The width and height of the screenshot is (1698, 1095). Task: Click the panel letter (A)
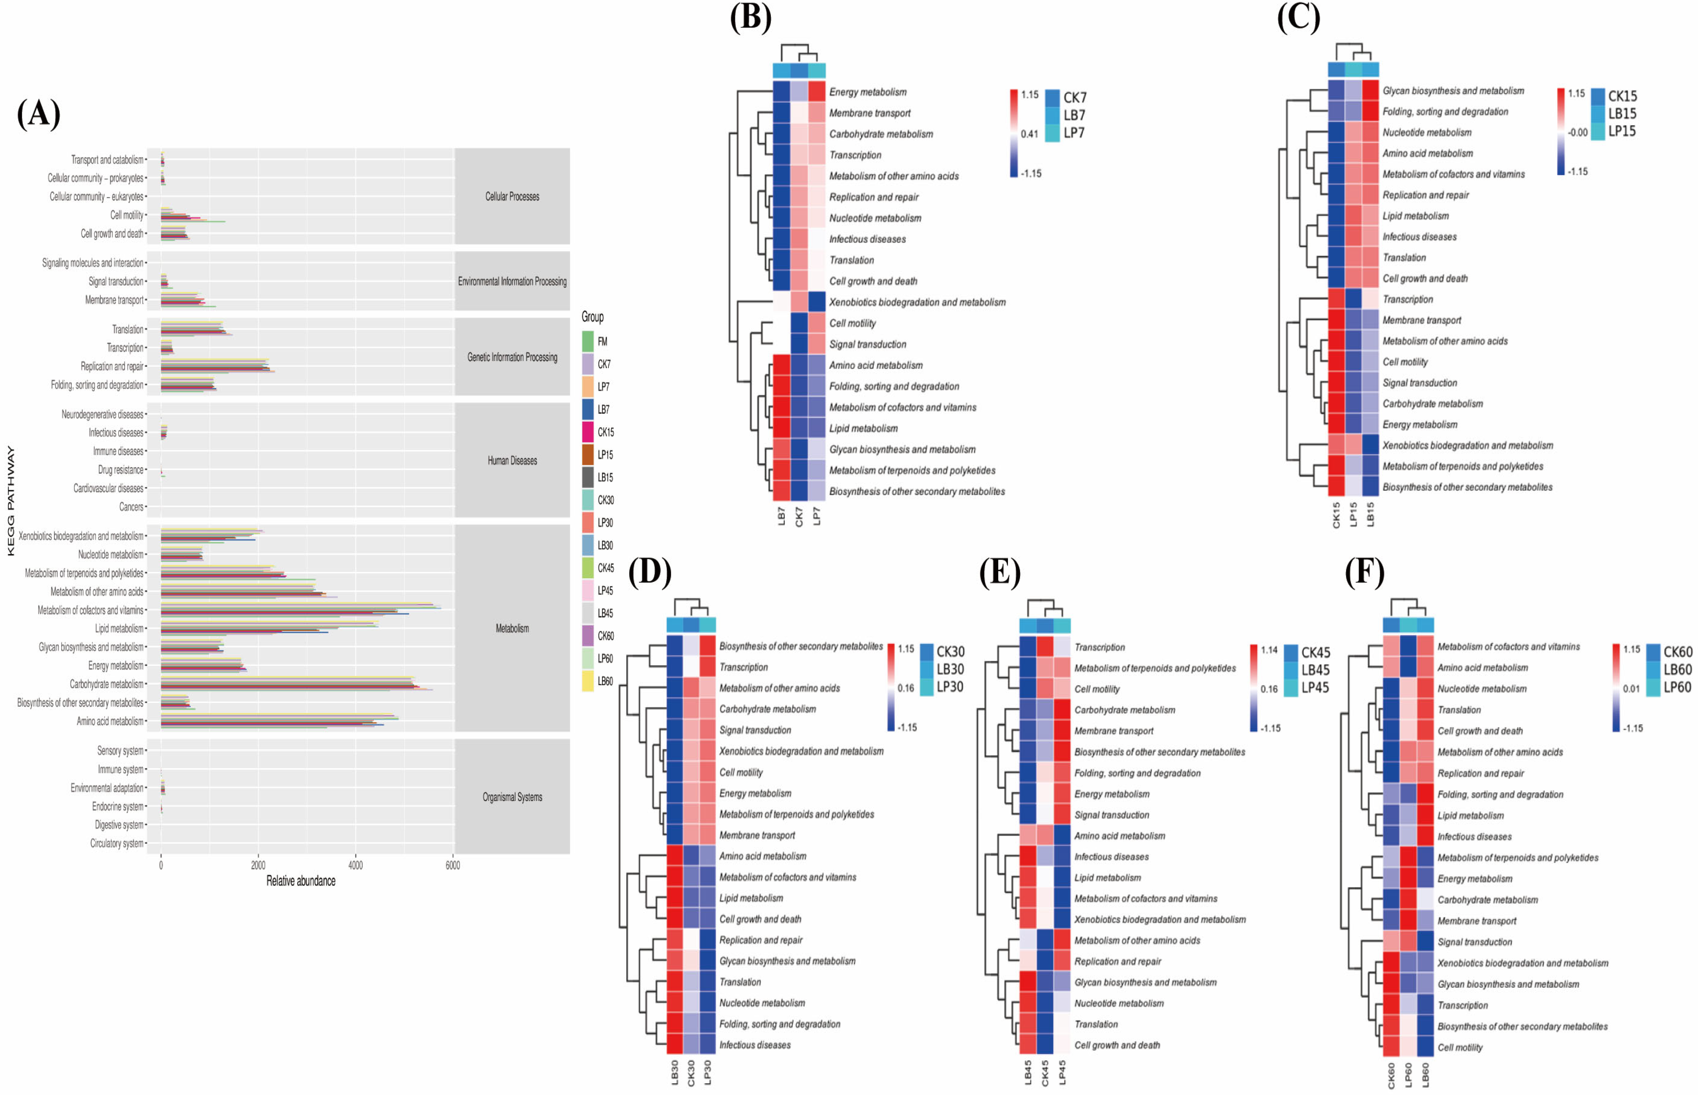click(x=38, y=114)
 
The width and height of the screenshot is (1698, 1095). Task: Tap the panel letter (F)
click(x=1364, y=571)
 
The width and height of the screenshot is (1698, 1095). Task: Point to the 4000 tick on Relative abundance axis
click(x=355, y=865)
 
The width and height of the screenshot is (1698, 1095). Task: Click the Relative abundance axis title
click(x=301, y=881)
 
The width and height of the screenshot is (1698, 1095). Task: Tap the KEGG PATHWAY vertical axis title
click(x=11, y=501)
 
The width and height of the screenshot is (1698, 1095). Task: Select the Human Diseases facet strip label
click(x=512, y=461)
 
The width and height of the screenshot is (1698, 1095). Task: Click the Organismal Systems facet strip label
click(x=512, y=797)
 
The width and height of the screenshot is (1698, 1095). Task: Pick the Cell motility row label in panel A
click(x=126, y=215)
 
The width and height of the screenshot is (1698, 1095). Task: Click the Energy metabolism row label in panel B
click(x=868, y=92)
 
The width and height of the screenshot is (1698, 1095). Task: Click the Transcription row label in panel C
click(x=1407, y=299)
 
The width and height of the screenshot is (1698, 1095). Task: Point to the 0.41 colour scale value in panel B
click(x=1029, y=134)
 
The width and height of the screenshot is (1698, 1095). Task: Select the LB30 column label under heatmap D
click(x=674, y=1072)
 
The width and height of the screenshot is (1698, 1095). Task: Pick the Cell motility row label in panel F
click(x=1460, y=1047)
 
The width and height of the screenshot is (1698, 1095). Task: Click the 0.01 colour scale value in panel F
click(x=1631, y=688)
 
